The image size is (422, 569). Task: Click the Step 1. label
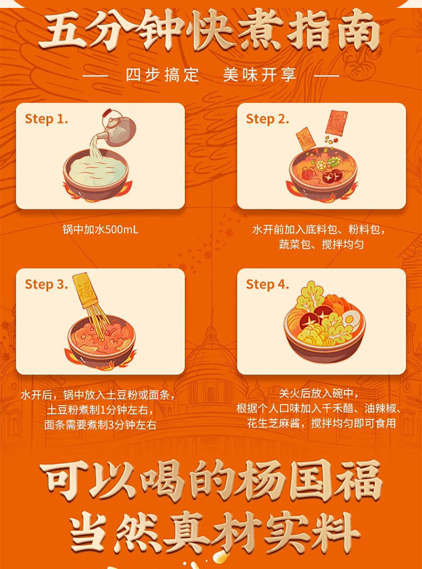tap(46, 119)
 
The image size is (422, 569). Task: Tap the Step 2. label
tap(267, 119)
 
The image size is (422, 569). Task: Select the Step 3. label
tap(46, 284)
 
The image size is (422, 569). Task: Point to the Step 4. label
tap(267, 284)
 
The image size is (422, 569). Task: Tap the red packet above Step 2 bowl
tap(336, 123)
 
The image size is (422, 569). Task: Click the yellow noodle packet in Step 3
tap(85, 290)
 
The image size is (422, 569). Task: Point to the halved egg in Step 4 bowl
tap(348, 319)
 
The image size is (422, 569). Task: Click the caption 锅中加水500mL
tap(100, 229)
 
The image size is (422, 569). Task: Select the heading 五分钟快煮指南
tap(210, 31)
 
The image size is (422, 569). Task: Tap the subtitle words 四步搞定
tap(163, 75)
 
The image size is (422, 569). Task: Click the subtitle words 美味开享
tap(259, 75)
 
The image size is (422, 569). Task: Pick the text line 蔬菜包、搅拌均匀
tap(321, 245)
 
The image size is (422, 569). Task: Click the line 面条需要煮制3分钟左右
tap(100, 425)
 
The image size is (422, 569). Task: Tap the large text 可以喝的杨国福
tap(210, 481)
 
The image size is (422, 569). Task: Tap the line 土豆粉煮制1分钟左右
tap(100, 410)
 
